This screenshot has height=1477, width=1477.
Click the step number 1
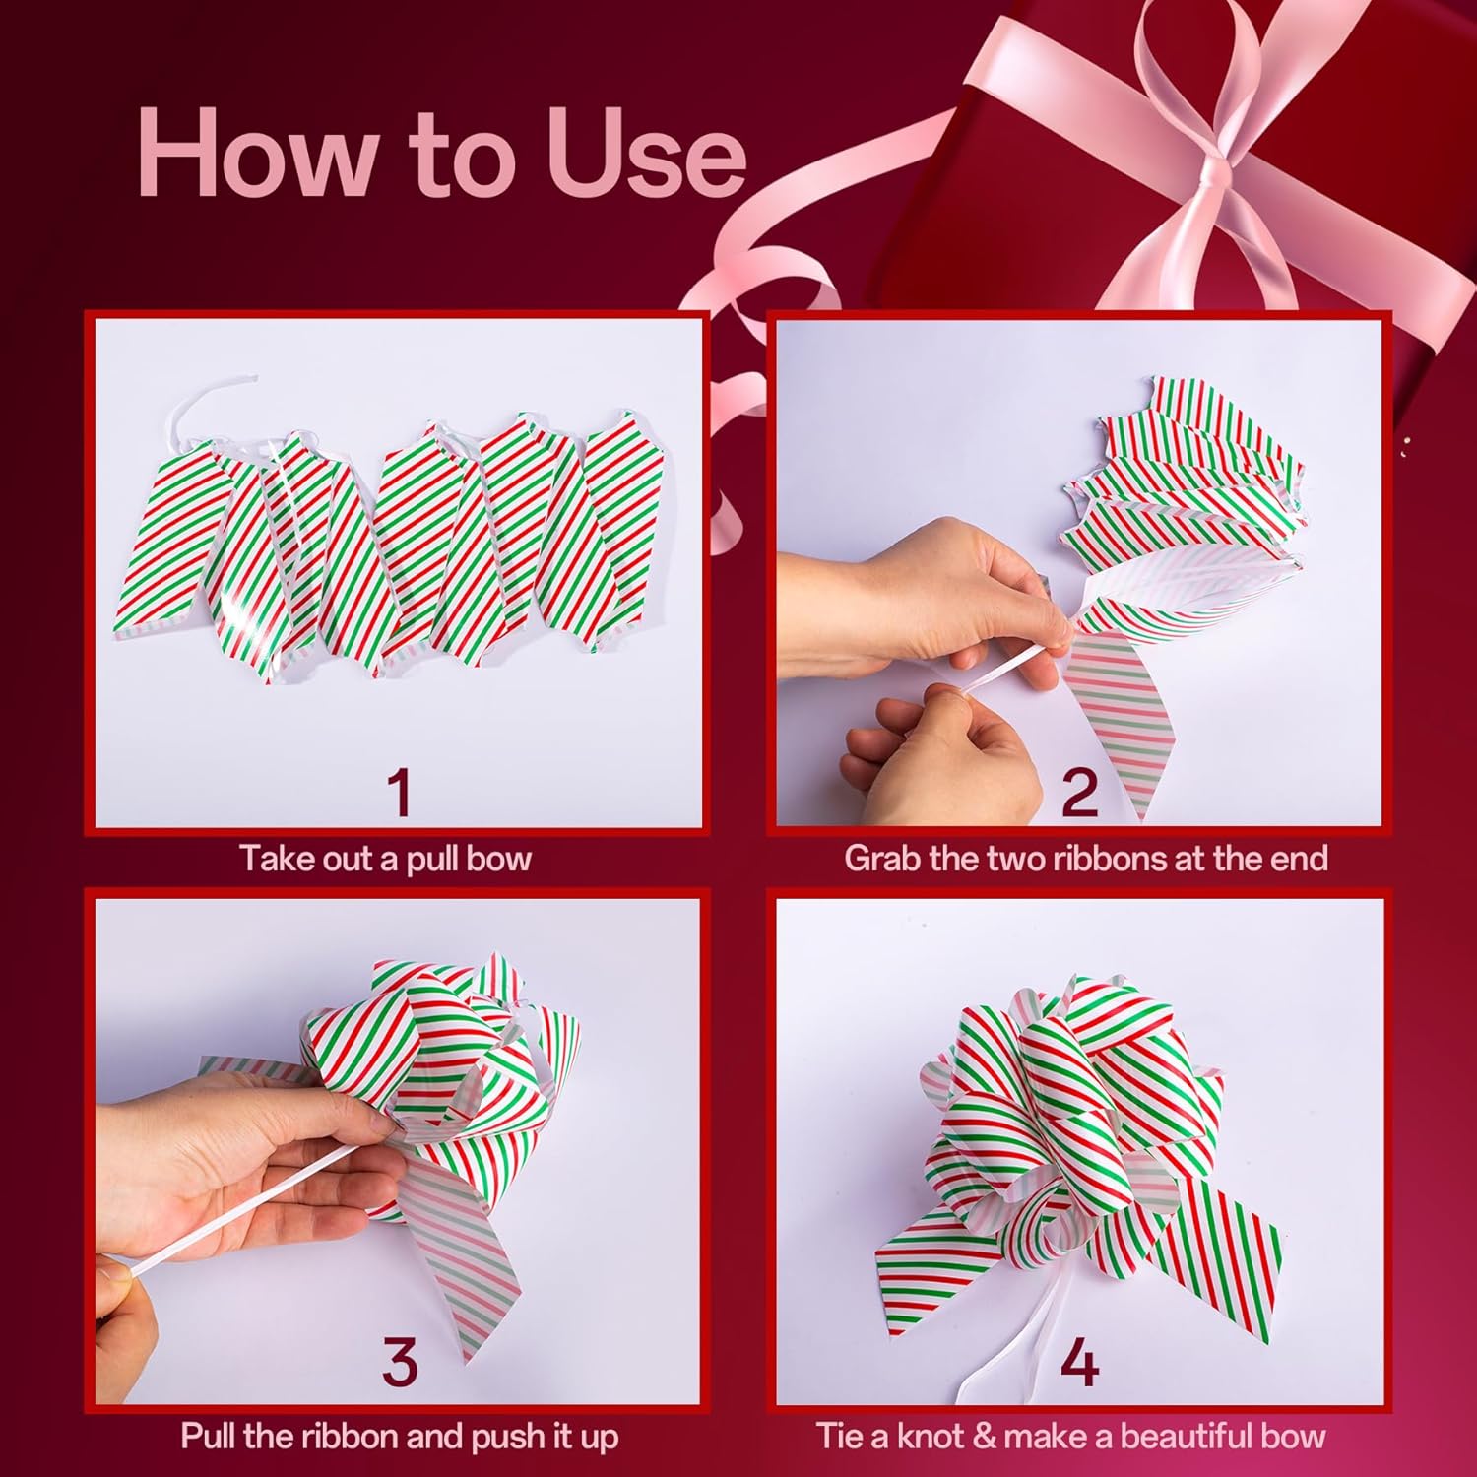(398, 793)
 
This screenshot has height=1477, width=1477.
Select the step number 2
(1079, 793)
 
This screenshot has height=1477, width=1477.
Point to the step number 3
(398, 1362)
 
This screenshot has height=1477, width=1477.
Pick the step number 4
(1079, 1362)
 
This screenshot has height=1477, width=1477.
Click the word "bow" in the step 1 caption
(498, 859)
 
